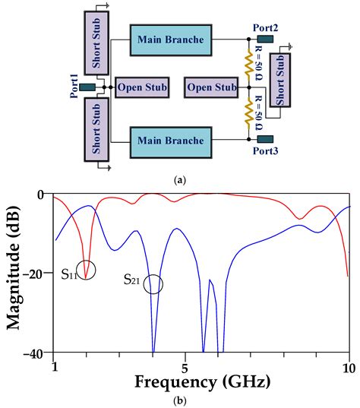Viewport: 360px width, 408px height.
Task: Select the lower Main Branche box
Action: click(169, 141)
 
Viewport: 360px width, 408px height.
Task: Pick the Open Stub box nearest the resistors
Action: click(211, 88)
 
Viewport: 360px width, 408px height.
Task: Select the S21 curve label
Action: click(133, 280)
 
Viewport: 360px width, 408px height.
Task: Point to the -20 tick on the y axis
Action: click(39, 274)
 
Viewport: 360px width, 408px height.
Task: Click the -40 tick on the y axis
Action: click(39, 353)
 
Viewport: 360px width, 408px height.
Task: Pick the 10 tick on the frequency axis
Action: click(348, 365)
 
